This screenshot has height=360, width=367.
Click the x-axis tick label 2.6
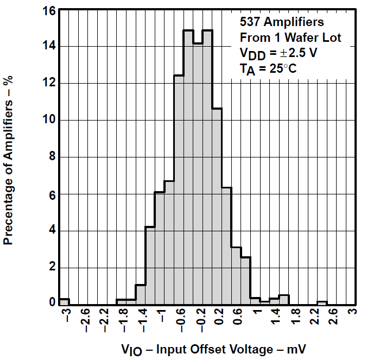(333, 319)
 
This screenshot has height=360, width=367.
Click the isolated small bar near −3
(64, 301)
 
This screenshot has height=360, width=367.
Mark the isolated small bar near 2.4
(322, 302)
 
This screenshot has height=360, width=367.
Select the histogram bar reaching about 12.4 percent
(179, 190)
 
